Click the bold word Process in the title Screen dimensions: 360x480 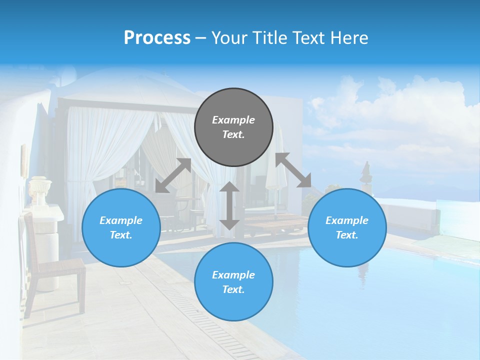coord(157,38)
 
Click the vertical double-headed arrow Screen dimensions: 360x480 coord(229,205)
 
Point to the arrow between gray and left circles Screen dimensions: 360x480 coord(173,175)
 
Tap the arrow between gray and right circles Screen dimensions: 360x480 coord(293,170)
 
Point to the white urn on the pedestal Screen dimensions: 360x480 coord(39,190)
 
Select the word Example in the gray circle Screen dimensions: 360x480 coord(233,120)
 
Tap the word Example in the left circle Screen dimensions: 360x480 coord(121,220)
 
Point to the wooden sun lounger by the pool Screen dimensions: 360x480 coord(272,222)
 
